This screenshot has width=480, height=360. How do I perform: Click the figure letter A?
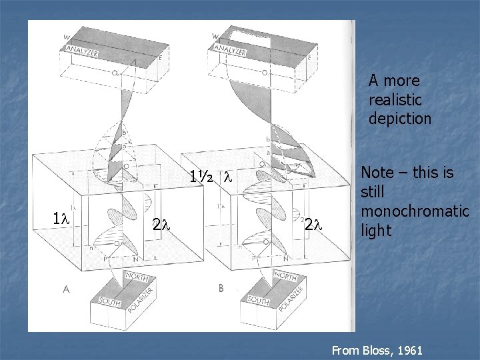67,289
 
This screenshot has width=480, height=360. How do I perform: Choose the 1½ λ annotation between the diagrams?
210,178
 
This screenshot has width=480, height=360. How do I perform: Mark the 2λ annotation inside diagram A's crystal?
162,224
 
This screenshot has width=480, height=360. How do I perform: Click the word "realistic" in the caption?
395,100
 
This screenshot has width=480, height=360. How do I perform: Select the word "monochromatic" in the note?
415,211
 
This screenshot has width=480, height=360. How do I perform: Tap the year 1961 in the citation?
409,349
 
